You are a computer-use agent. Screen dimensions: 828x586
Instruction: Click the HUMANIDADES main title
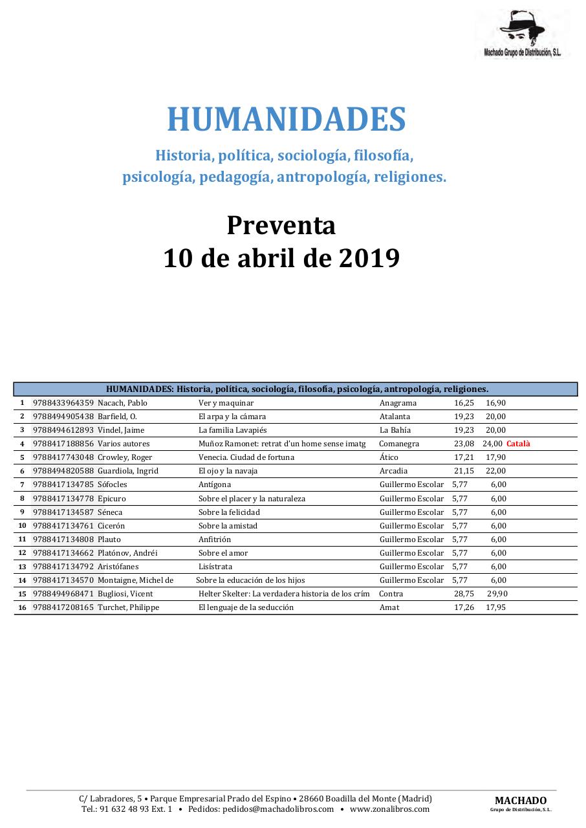click(x=287, y=120)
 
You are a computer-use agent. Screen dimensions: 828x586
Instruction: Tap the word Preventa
click(x=281, y=225)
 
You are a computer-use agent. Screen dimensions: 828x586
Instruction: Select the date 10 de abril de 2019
click(x=281, y=258)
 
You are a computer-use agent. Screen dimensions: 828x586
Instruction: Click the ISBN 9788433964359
click(x=63, y=403)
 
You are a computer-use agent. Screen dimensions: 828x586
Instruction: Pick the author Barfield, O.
click(x=117, y=417)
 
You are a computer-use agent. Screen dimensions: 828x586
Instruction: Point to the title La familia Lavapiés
click(x=232, y=430)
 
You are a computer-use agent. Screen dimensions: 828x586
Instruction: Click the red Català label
click(x=518, y=444)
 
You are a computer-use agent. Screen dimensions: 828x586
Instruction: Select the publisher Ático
click(x=389, y=457)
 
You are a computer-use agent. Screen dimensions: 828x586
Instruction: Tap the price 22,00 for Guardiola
click(x=495, y=471)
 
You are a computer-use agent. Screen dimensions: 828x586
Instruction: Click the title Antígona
click(x=214, y=485)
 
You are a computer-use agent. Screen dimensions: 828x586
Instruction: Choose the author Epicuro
click(x=112, y=499)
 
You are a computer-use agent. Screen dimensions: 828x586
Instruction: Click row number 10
click(x=22, y=526)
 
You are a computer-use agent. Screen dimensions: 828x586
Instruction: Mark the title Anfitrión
click(x=214, y=539)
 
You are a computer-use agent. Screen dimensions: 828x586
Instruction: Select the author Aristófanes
click(x=118, y=567)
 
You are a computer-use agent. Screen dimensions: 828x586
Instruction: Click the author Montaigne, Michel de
click(x=135, y=580)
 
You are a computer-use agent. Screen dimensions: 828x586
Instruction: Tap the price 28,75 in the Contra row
click(x=464, y=594)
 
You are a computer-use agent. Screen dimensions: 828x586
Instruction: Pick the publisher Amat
click(x=389, y=607)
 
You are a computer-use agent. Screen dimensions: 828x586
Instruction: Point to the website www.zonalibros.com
click(x=389, y=809)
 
